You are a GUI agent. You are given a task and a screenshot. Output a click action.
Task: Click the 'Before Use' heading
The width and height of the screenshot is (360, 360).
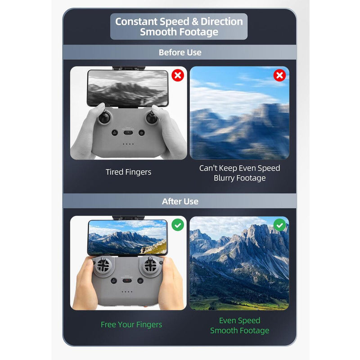coord(180,53)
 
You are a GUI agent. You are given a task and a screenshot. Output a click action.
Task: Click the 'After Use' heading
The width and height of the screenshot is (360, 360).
coord(180,201)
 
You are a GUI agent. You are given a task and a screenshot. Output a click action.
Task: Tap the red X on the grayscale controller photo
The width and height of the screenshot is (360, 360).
coord(178,75)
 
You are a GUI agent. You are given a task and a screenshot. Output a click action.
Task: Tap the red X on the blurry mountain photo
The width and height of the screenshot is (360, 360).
coord(279,75)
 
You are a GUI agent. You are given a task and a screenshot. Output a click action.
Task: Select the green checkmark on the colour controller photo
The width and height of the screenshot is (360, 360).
coord(178,225)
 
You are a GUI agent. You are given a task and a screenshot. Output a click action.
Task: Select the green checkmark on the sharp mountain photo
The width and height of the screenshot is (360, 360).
coord(279,225)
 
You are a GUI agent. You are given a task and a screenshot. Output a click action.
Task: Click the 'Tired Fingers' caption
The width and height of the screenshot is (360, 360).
coord(128,172)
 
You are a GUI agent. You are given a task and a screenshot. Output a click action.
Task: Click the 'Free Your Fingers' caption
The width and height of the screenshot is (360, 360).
coord(131,324)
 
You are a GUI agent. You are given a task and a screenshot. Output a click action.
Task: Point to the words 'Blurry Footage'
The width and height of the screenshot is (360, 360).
coord(239,178)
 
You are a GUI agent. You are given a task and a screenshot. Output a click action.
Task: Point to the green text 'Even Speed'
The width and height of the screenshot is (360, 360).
coord(239,320)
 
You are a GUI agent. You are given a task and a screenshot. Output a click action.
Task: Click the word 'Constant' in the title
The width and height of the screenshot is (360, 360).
coord(136,22)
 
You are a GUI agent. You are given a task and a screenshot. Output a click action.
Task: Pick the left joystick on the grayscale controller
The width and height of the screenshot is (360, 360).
coord(105,117)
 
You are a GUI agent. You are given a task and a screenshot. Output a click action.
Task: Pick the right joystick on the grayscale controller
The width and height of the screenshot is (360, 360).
coord(152,117)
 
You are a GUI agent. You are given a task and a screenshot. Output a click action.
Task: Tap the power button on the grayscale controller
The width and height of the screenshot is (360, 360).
coord(142,133)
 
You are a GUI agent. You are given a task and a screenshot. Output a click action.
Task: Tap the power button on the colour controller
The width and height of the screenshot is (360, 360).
coord(140,281)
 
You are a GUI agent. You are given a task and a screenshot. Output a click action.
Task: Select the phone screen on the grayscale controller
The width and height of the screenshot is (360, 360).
coord(128,88)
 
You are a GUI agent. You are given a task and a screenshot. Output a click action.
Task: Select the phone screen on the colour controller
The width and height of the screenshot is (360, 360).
coord(127,237)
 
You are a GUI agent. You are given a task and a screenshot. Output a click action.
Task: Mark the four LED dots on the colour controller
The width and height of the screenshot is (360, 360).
coord(127,292)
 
